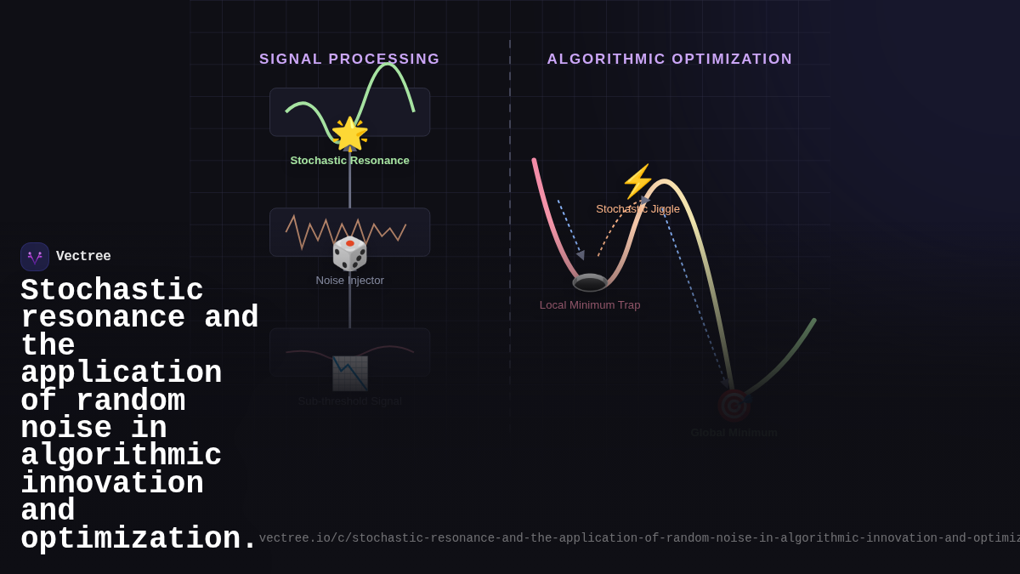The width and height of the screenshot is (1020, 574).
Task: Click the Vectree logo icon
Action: click(35, 257)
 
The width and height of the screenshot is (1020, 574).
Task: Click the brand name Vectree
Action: click(83, 257)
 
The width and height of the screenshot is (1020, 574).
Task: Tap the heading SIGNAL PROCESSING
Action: click(349, 60)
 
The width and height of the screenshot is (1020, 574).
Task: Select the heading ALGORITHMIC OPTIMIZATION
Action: click(670, 60)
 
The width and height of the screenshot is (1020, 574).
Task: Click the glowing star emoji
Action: click(349, 134)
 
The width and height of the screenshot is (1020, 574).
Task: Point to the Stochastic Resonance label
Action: click(349, 161)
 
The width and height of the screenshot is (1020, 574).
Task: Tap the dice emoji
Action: click(349, 253)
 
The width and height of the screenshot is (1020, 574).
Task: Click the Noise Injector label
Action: click(349, 281)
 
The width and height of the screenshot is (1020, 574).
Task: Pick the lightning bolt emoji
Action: click(637, 181)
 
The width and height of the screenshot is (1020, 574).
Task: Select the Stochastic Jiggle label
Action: click(637, 209)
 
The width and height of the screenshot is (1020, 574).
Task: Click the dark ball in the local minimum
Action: click(590, 282)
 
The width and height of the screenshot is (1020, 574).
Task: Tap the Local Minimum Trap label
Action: click(590, 305)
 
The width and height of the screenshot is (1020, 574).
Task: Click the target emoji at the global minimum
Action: click(734, 406)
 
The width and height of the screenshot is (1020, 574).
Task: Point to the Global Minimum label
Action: click(734, 433)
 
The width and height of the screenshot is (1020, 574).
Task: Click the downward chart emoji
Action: click(349, 373)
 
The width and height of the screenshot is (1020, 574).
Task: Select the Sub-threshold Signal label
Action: click(349, 401)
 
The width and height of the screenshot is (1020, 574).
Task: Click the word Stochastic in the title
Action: click(112, 291)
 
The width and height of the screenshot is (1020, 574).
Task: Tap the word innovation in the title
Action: click(112, 484)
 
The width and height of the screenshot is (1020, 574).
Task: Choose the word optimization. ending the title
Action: click(139, 539)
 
